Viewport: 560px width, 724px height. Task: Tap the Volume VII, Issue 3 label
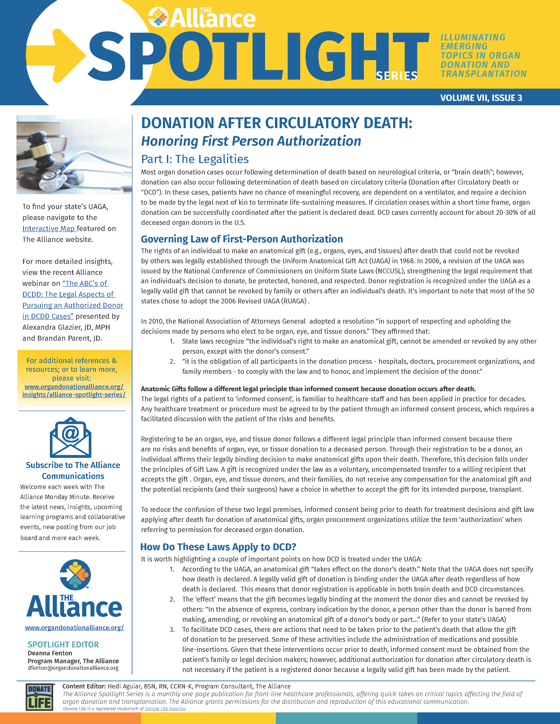coord(481,98)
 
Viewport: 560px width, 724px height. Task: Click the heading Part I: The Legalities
coord(195,159)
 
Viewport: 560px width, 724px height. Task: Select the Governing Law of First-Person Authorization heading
coord(242,239)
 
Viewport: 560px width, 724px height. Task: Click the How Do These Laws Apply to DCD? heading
coord(218,547)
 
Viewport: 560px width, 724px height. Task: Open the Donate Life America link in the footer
coord(165,709)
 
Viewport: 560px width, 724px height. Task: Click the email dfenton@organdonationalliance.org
coord(73,668)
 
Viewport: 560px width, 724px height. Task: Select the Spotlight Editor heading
coord(63,644)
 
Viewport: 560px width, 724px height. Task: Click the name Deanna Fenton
coord(50,653)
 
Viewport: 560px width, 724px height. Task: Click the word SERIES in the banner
coord(396,76)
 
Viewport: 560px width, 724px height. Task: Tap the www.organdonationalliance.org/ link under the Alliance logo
coord(74,627)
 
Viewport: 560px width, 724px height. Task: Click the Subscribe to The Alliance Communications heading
coord(73,470)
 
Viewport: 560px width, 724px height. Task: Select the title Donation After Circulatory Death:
coord(277,123)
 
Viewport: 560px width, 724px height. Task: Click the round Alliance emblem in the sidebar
coord(75,575)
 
